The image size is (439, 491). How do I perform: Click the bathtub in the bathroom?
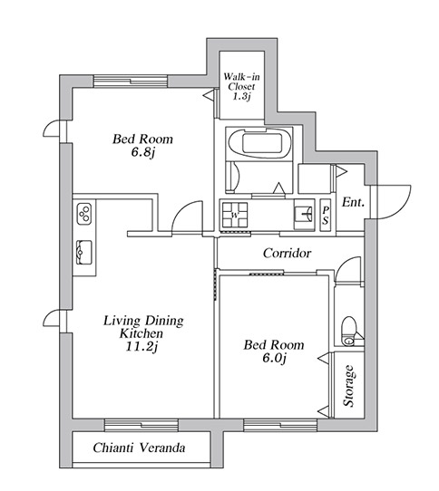pyautogui.click(x=260, y=143)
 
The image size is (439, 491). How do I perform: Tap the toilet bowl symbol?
pyautogui.click(x=348, y=331)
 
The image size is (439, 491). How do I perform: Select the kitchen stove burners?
pyautogui.click(x=84, y=213)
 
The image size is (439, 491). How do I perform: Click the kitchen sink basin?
pyautogui.click(x=84, y=252)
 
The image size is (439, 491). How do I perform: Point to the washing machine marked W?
pyautogui.click(x=235, y=215)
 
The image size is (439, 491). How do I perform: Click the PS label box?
pyautogui.click(x=326, y=216)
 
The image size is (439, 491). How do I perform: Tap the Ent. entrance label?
pyautogui.click(x=353, y=202)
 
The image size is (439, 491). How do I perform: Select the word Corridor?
pyautogui.click(x=287, y=253)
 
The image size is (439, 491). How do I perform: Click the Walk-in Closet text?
pyautogui.click(x=241, y=82)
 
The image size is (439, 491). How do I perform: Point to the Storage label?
pyautogui.click(x=349, y=386)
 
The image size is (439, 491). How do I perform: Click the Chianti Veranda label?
pyautogui.click(x=139, y=448)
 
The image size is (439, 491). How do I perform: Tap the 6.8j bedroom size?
pyautogui.click(x=143, y=153)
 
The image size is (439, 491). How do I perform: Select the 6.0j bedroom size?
pyautogui.click(x=275, y=358)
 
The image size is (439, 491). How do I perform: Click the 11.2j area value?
pyautogui.click(x=141, y=347)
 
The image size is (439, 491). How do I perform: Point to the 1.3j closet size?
pyautogui.click(x=241, y=96)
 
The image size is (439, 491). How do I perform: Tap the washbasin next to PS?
pyautogui.click(x=304, y=215)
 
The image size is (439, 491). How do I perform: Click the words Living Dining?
pyautogui.click(x=143, y=321)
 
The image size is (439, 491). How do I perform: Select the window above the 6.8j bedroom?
pyautogui.click(x=131, y=82)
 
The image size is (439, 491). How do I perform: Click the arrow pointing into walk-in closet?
pyautogui.click(x=209, y=95)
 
